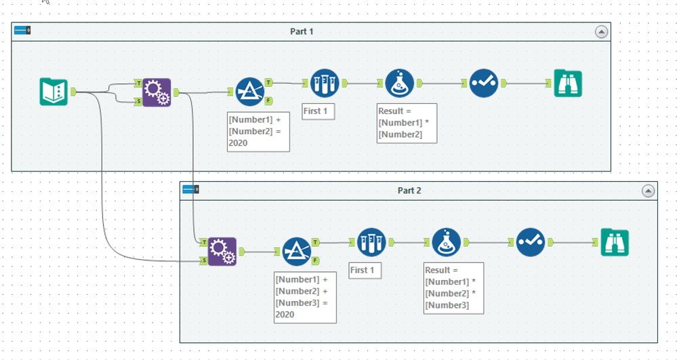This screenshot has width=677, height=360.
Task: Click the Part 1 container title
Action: tap(302, 31)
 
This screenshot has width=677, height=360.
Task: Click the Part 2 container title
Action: tap(409, 191)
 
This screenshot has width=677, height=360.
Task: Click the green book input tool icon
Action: tap(54, 92)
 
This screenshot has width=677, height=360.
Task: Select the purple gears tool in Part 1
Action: tap(157, 92)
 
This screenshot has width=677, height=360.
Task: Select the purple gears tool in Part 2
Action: tap(222, 252)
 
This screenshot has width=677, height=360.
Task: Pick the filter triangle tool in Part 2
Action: tap(296, 251)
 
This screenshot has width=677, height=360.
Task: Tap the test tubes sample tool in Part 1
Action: tap(324, 83)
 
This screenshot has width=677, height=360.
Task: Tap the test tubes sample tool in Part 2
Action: tap(371, 242)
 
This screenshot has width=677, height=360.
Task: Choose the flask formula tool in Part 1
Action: tap(399, 83)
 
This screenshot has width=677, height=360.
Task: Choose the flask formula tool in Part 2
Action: tap(446, 242)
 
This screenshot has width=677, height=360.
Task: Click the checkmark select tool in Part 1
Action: tap(484, 83)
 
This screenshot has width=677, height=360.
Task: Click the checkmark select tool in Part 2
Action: tap(530, 242)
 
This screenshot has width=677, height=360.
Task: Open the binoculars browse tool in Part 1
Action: tap(568, 83)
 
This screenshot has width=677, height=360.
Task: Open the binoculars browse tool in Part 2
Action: tap(615, 243)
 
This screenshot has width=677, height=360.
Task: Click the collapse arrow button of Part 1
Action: tap(600, 32)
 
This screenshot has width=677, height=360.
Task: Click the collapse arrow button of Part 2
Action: tap(648, 191)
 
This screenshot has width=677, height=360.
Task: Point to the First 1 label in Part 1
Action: tap(319, 111)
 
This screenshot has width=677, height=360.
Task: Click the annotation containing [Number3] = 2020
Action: tap(305, 296)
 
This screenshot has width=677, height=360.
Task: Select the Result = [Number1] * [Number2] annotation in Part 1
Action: tap(407, 123)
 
